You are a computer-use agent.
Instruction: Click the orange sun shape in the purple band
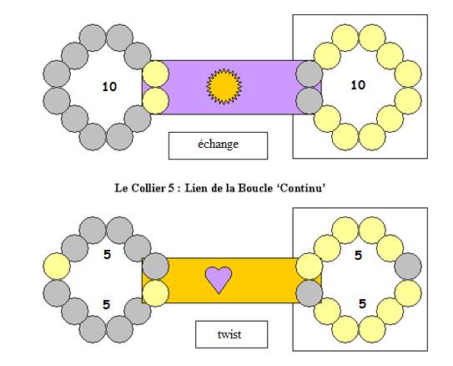click(224, 86)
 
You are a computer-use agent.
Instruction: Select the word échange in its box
click(218, 144)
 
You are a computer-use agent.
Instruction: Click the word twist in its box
click(229, 334)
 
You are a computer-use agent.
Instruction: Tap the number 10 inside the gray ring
click(110, 87)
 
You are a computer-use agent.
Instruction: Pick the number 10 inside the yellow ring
click(358, 85)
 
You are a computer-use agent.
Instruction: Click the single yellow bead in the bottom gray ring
click(57, 267)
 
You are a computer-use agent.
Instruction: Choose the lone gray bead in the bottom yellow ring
click(408, 267)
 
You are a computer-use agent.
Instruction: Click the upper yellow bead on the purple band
click(155, 74)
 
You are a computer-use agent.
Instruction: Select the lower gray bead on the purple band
click(310, 100)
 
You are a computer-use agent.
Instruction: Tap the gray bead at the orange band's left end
click(155, 267)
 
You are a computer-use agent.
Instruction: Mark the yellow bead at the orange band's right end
click(310, 267)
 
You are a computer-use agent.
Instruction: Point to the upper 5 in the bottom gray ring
click(107, 255)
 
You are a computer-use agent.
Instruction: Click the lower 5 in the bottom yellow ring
click(363, 304)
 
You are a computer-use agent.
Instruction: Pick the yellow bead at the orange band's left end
click(155, 293)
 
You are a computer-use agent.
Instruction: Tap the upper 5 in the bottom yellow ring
click(358, 255)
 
